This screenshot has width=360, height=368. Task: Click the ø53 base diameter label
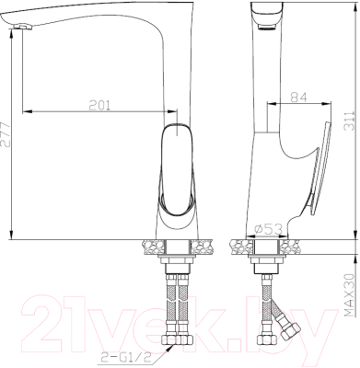(x=267, y=229)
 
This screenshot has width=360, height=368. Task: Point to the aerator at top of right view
(x=268, y=28)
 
